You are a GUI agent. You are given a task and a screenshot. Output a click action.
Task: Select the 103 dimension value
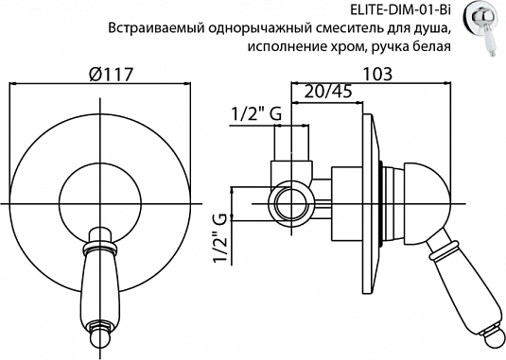pos(379,73)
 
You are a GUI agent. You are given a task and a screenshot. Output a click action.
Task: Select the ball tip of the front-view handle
pos(97,338)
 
